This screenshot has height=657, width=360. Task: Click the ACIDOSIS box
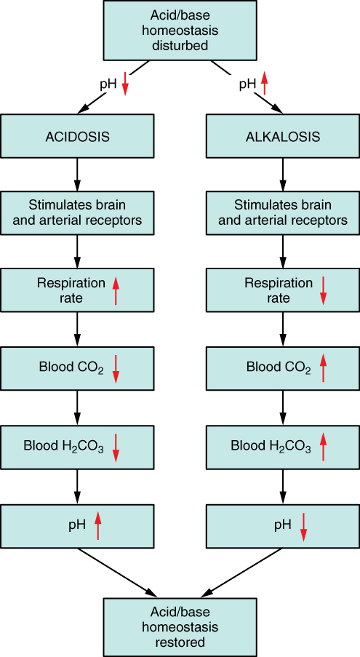click(77, 136)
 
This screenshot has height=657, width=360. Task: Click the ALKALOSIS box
click(283, 136)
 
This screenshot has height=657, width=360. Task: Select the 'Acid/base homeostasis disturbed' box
click(180, 30)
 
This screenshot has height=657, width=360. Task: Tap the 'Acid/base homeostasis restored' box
click(180, 627)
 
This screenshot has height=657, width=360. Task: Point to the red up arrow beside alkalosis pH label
click(264, 82)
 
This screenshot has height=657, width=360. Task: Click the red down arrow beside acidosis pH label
click(125, 84)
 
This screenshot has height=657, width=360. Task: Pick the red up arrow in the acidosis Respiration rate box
click(116, 291)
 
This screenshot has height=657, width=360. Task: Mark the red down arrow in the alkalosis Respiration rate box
click(323, 291)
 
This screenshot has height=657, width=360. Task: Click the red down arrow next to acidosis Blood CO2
click(116, 369)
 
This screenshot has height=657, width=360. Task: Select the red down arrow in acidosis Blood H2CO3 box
click(116, 447)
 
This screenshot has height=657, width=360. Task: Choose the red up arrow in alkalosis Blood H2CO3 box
click(323, 447)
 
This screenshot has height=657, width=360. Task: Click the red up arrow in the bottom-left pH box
click(98, 526)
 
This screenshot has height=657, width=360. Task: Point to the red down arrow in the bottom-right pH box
click(303, 526)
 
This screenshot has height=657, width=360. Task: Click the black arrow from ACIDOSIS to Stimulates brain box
click(77, 175)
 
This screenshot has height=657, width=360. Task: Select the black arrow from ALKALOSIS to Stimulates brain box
click(283, 175)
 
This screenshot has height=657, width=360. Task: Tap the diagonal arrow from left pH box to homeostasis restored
click(117, 573)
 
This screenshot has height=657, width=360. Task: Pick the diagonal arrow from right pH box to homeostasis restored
click(243, 573)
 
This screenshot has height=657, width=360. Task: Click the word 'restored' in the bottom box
click(180, 642)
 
